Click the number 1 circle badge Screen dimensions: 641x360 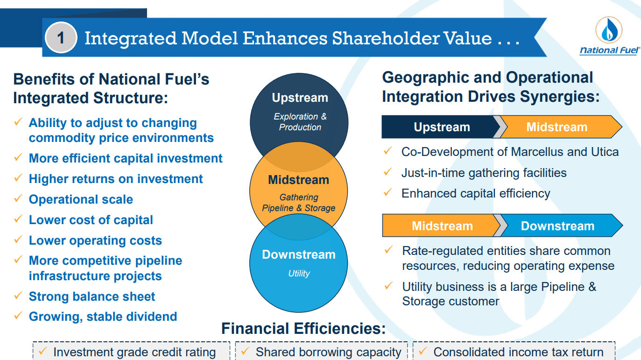[x=61, y=37]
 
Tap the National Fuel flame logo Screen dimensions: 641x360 [x=609, y=30]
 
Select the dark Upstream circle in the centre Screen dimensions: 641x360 [x=299, y=114]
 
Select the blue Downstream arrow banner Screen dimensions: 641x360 [x=559, y=226]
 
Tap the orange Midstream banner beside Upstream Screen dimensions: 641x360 [x=559, y=127]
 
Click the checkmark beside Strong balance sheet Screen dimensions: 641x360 [x=18, y=295]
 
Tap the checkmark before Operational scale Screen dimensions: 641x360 [x=18, y=198]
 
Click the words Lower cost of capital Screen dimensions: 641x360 [x=91, y=220]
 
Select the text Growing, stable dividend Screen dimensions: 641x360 [x=103, y=317]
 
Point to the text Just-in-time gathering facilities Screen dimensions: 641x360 [x=484, y=173]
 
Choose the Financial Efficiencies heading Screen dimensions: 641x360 [x=303, y=328]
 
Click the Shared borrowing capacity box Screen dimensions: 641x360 [x=321, y=351]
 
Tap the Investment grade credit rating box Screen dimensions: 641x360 [x=131, y=351]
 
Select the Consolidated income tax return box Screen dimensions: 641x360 [x=514, y=351]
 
